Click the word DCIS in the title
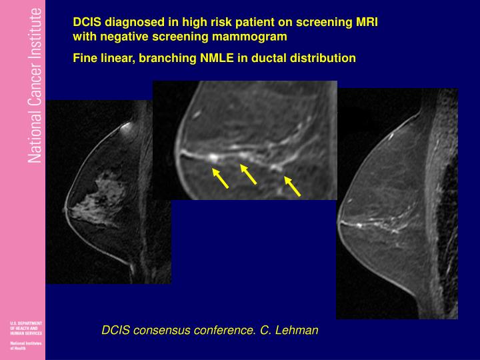[86, 22]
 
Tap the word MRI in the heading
[366, 22]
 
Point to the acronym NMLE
[219, 58]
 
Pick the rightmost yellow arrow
[292, 186]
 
